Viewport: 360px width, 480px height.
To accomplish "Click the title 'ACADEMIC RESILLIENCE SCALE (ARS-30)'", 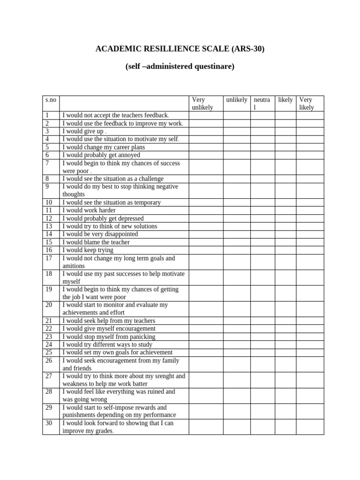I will pos(180,48).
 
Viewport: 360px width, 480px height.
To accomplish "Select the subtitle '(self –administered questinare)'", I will pos(180,67).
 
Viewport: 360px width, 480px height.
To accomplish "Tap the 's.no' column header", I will pos(51,100).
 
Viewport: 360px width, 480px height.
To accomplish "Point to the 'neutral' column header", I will pos(262,103).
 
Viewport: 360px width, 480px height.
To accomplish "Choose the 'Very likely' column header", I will pos(307,103).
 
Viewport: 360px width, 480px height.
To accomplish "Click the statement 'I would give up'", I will pos(83,131).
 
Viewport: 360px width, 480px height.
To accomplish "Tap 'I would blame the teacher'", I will pos(96,242).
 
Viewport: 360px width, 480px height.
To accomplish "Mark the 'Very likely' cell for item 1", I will pos(310,115).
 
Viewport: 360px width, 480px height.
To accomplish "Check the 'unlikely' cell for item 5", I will pos(236,147).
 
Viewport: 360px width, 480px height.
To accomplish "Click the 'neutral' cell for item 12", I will pos(262,218).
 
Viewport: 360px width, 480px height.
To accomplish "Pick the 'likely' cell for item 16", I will pos(285,250).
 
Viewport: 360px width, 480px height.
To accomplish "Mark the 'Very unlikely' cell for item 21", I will pos(206,321).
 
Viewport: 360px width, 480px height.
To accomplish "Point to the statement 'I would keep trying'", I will pos(88,250).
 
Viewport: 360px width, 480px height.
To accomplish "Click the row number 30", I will pos(48,423).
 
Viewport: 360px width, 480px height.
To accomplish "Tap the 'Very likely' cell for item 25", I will pos(310,352).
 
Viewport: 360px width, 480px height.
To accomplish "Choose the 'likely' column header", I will pos(285,100).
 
